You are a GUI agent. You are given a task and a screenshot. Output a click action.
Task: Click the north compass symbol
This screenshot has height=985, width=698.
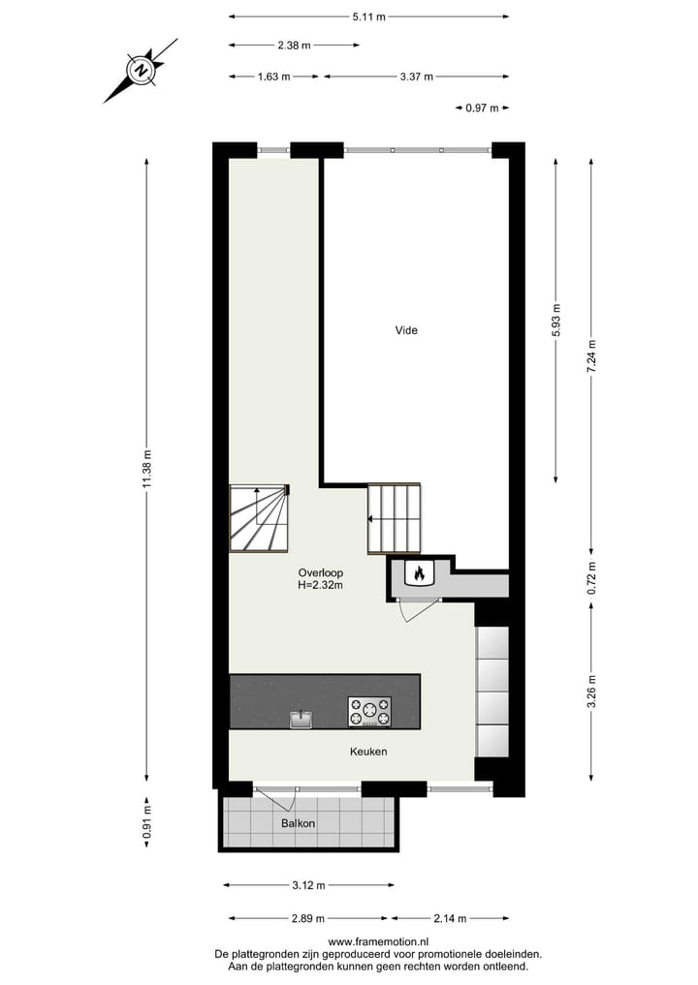[142, 70]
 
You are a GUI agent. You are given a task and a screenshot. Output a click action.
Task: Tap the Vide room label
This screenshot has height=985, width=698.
[406, 330]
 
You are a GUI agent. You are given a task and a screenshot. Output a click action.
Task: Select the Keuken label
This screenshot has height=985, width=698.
[369, 751]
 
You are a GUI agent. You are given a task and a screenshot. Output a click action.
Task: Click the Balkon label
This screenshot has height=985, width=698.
[299, 823]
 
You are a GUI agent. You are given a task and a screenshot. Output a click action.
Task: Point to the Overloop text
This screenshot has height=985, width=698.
[320, 571]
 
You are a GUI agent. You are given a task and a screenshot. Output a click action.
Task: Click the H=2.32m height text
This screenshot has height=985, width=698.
[320, 585]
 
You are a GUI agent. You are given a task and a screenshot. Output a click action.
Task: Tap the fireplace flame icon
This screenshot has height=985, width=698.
[419, 573]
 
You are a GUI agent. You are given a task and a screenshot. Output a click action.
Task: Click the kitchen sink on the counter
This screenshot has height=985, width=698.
[301, 719]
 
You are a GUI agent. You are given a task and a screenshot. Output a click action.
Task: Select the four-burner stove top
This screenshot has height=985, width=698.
[369, 712]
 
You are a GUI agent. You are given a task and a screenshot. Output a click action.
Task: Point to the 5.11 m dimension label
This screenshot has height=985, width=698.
[369, 16]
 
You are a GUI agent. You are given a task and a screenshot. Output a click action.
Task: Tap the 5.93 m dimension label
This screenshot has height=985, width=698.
[555, 320]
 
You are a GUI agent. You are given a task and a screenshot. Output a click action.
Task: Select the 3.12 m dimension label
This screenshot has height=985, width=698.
[308, 884]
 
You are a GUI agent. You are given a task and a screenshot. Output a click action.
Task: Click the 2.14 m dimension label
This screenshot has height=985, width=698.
[449, 918]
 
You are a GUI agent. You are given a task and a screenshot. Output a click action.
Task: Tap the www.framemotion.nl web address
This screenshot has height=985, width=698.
[378, 941]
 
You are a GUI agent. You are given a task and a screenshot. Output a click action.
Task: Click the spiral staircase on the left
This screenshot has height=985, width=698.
[259, 518]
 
